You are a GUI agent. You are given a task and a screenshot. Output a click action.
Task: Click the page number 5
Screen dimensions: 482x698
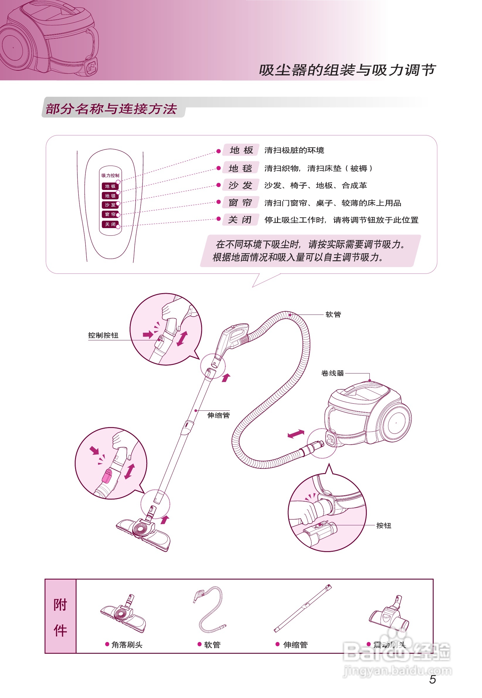[432, 679]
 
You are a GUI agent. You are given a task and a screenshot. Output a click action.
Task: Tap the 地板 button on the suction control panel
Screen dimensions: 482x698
[110, 186]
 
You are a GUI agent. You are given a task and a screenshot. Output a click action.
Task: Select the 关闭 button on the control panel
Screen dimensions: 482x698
[110, 224]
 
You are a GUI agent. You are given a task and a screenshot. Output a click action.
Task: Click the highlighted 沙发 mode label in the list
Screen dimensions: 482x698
[240, 185]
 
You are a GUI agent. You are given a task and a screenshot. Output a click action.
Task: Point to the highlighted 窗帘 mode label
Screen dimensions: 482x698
[240, 203]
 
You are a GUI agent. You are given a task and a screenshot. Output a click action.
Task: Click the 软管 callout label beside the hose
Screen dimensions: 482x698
[333, 315]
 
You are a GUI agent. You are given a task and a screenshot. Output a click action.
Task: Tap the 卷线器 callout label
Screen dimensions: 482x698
[332, 373]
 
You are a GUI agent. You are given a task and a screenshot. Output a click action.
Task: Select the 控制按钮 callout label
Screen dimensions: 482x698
[103, 335]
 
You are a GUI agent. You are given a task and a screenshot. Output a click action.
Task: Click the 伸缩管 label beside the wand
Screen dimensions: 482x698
[218, 415]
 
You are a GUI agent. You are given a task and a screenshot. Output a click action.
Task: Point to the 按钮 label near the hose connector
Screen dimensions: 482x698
[383, 526]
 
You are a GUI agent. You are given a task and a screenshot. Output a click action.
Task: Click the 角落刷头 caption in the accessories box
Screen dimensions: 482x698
[127, 645]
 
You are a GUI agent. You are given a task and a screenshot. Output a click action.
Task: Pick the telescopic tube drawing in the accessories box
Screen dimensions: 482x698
[303, 609]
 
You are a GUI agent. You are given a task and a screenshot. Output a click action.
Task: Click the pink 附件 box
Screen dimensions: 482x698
[60, 616]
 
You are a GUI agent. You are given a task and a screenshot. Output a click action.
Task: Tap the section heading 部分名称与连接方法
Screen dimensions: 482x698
[111, 109]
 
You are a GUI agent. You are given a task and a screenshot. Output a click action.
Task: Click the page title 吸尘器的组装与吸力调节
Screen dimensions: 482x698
[347, 70]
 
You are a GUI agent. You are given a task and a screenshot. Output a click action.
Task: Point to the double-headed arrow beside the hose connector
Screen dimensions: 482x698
[296, 434]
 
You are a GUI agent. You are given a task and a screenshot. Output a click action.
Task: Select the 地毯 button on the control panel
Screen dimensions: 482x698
[110, 196]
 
